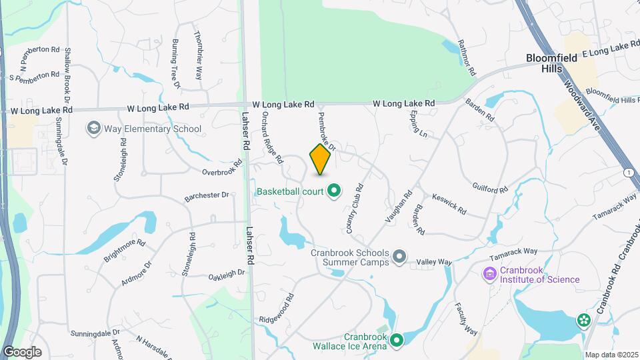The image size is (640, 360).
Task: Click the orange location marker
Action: pos(321,160)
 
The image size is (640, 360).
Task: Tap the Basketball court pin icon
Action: pos(334,192)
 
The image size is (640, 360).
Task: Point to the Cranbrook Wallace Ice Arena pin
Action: pos(397,341)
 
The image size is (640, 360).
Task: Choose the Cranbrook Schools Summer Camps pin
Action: pos(399,257)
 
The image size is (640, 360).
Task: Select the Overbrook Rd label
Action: pos(222,168)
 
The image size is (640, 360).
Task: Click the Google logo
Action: pos(22,352)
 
